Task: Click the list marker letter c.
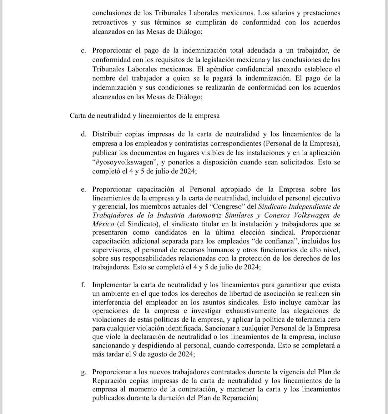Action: (x=83, y=51)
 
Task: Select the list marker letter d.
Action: (x=83, y=135)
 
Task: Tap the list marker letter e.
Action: (x=83, y=190)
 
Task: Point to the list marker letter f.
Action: (x=83, y=285)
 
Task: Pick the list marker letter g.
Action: (x=83, y=372)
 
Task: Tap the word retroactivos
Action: (x=110, y=22)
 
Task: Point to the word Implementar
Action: (x=111, y=285)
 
